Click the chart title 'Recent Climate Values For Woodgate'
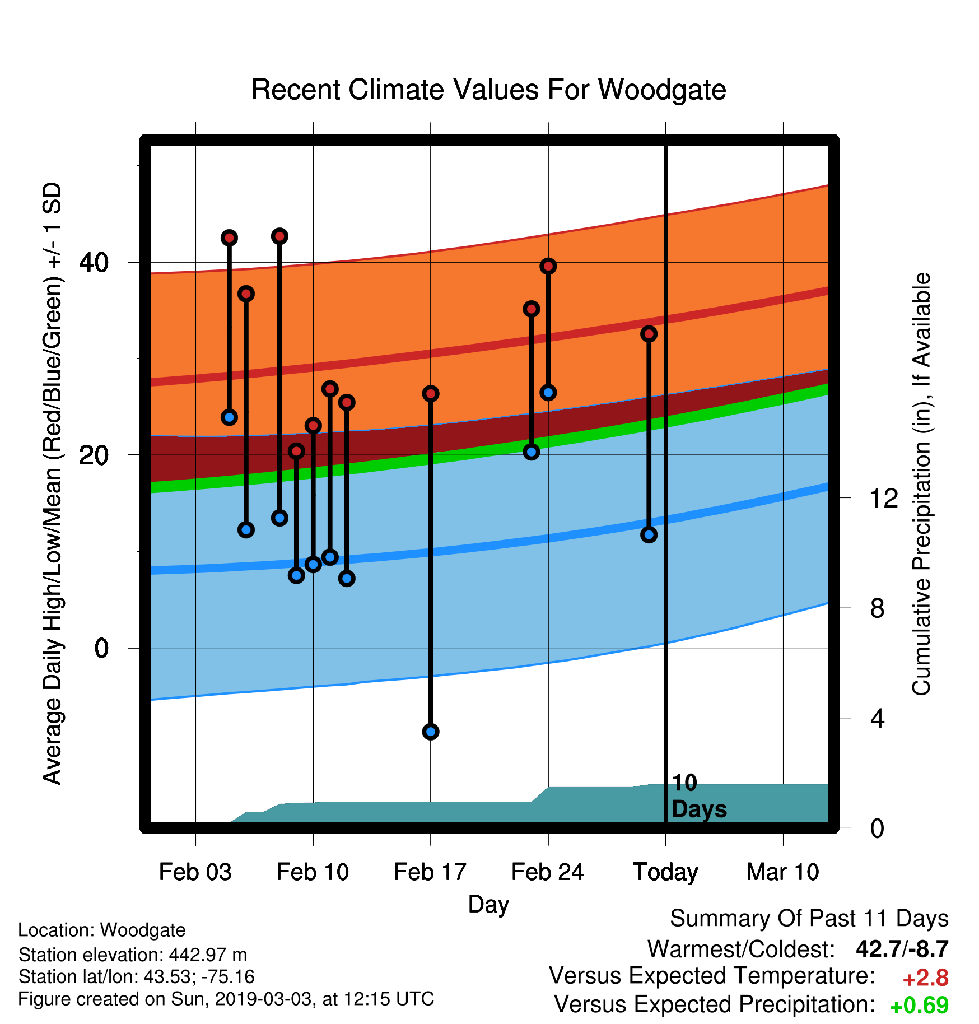pos(488,90)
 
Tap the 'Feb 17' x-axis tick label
pos(430,872)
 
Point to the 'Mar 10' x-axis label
pos(783,872)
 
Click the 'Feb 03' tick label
pos(195,872)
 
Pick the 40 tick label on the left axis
pos(94,262)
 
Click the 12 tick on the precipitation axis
pos(884,498)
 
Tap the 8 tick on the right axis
pos(878,608)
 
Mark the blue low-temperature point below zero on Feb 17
pos(431,732)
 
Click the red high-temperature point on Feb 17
pos(431,394)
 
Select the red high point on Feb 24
pos(548,266)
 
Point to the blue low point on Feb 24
pos(548,393)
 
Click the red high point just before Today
pos(649,334)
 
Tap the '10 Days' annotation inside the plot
pos(699,796)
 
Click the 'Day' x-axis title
pos(488,905)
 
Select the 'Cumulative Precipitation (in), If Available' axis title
pos(921,484)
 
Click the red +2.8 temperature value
pos(925,978)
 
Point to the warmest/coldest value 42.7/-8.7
pos(902,949)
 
